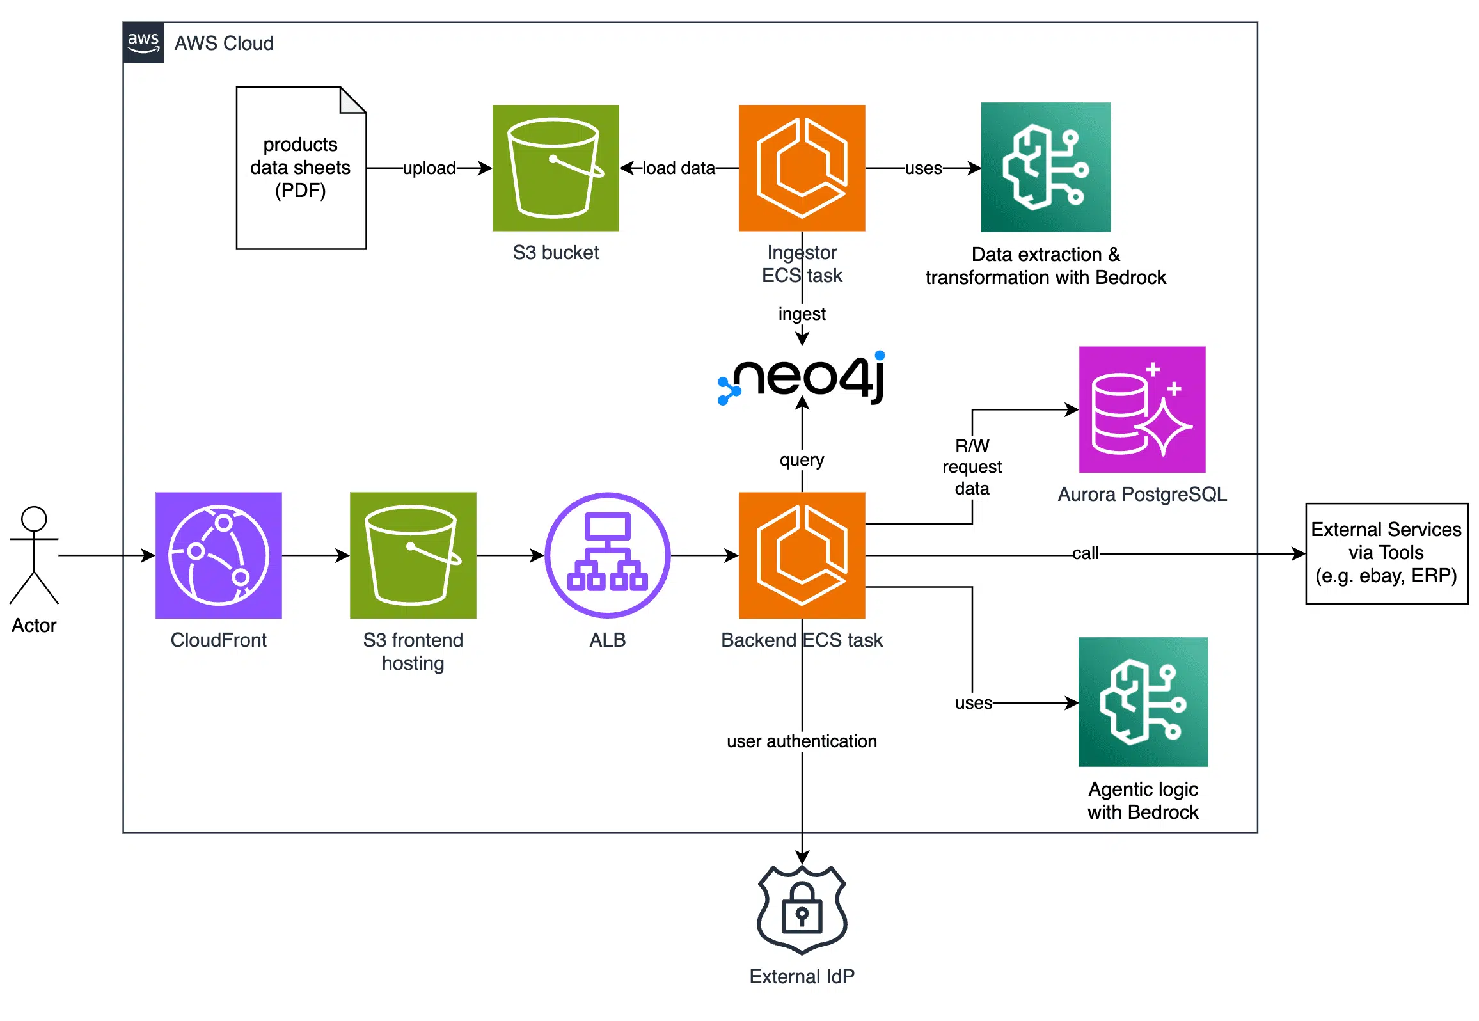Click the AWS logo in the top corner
143,42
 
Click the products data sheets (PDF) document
301,168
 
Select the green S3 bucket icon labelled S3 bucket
555,168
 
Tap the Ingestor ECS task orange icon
802,168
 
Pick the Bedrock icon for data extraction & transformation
1045,167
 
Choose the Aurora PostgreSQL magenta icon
1142,409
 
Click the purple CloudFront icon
219,555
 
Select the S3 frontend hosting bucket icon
413,555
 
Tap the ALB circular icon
607,555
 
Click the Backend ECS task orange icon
802,555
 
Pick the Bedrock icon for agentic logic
1143,701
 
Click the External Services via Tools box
1386,553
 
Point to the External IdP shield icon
802,909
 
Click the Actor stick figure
34,555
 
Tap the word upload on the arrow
429,168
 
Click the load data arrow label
678,168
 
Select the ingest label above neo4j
802,313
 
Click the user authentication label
802,741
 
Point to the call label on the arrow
1085,553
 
